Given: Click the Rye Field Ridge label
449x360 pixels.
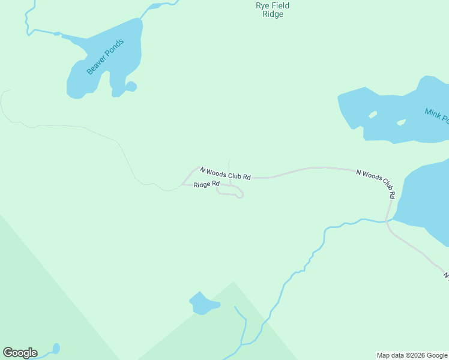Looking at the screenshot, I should (x=273, y=10).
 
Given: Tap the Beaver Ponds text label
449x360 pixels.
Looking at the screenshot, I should (x=105, y=57).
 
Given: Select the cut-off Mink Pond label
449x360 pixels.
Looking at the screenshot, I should (x=436, y=115).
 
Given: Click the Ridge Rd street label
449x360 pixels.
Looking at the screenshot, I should (x=206, y=184).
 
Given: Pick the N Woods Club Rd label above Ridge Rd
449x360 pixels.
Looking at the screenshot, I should (x=225, y=173).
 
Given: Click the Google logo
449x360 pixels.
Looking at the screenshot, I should (x=20, y=353).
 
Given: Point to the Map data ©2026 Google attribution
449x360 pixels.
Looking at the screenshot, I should (x=412, y=355).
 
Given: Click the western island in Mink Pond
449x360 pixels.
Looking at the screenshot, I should (x=373, y=114).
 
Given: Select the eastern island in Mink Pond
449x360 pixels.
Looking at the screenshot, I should (x=401, y=122).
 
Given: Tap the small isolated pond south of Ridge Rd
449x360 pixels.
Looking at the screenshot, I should (x=203, y=305).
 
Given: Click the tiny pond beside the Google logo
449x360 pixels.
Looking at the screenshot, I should (x=56, y=348).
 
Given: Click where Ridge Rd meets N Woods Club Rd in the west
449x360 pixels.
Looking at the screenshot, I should (x=182, y=184).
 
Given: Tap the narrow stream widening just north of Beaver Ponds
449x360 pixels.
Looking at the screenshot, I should (x=154, y=7).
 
